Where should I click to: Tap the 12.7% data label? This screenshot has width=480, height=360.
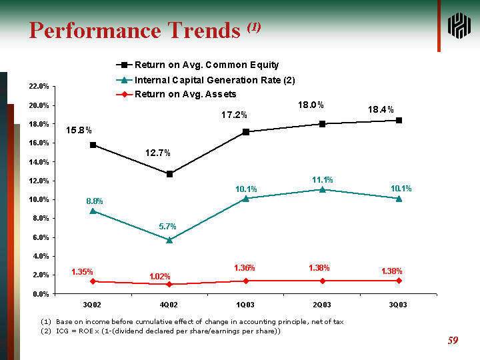coord(158,153)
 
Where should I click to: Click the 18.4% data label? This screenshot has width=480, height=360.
coord(381,109)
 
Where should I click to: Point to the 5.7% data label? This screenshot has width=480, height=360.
coord(168,227)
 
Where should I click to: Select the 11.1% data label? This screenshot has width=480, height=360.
coord(323,180)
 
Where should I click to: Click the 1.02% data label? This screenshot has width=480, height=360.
coord(160,276)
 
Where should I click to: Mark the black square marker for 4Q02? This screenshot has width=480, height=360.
coord(169,174)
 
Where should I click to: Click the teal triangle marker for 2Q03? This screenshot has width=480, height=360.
coord(322,189)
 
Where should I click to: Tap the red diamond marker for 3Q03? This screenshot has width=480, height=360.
coord(399,281)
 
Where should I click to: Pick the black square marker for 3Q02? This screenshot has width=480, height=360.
coord(93,145)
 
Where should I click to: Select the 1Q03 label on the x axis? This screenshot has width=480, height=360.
coord(246,304)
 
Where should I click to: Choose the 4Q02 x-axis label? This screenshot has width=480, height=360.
coord(169,304)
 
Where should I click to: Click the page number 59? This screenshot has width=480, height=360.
coord(453,341)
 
